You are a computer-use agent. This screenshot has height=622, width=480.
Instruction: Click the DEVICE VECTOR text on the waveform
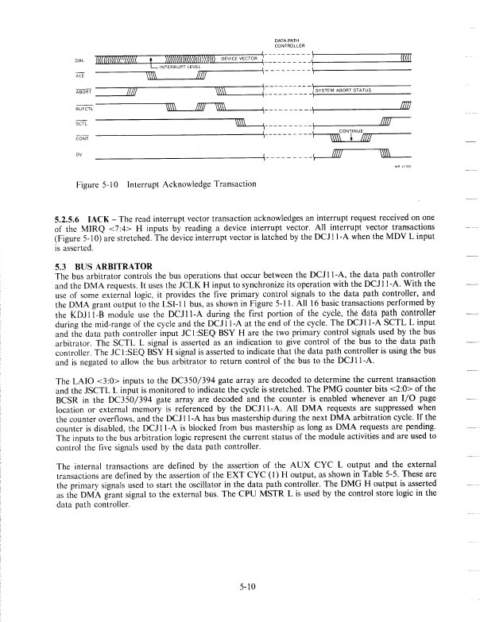240,59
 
